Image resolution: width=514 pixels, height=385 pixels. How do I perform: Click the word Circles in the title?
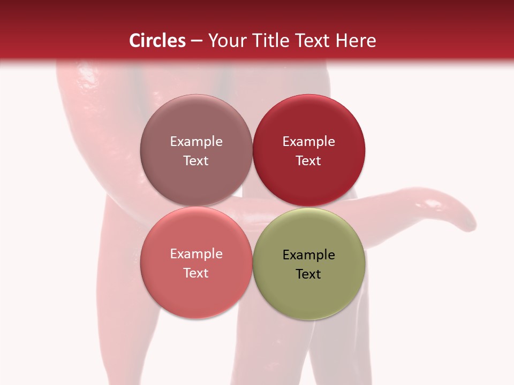[x=157, y=41]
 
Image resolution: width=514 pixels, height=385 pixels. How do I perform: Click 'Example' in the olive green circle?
[x=308, y=255]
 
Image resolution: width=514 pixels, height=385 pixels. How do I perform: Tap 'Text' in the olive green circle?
[x=308, y=274]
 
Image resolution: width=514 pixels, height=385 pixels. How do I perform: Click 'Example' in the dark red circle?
[x=308, y=141]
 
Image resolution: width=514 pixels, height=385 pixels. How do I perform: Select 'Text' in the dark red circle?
[x=308, y=160]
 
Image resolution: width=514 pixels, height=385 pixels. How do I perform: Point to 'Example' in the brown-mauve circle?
[x=196, y=141]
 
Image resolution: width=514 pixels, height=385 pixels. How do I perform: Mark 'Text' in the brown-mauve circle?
[x=196, y=160]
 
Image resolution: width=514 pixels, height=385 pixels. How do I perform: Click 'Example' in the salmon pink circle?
[x=196, y=253]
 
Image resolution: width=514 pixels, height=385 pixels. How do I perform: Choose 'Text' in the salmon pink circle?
[x=196, y=273]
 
